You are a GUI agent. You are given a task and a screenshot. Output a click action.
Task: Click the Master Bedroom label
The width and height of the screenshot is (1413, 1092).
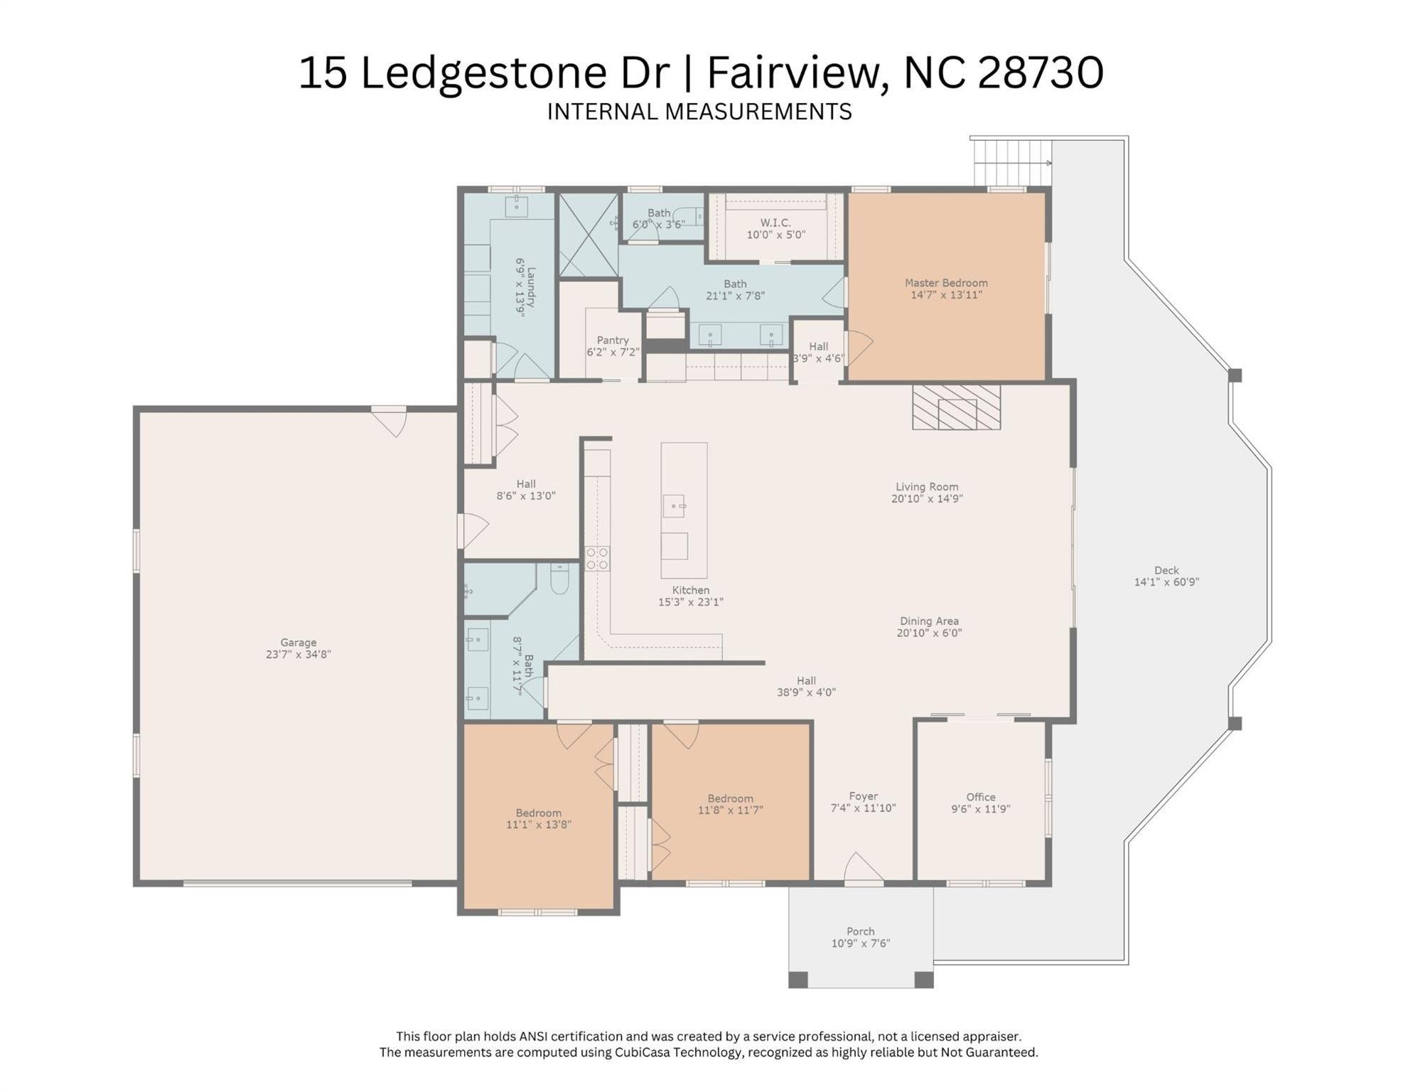click(x=945, y=283)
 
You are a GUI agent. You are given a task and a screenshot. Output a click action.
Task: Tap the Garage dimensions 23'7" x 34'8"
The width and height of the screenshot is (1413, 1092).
click(x=298, y=655)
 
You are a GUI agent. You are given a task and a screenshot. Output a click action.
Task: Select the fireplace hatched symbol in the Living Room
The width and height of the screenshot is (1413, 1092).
click(x=956, y=408)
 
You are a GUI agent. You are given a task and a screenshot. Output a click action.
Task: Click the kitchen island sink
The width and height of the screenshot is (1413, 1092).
click(x=673, y=506)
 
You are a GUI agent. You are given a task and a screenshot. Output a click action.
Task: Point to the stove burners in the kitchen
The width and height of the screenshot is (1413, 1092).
click(x=597, y=559)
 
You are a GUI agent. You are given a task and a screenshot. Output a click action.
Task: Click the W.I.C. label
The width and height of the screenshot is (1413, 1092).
click(x=775, y=223)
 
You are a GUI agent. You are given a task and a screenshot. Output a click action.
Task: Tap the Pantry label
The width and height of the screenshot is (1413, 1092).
click(x=612, y=341)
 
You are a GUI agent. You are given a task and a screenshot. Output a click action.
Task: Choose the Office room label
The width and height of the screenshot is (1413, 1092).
click(x=980, y=797)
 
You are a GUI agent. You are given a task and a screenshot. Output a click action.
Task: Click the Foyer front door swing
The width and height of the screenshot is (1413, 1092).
click(x=863, y=867)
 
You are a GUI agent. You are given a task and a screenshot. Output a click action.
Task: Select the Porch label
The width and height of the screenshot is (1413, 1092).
click(x=860, y=931)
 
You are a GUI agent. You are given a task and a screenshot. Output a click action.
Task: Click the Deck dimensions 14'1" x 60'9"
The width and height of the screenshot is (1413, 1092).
click(x=1166, y=582)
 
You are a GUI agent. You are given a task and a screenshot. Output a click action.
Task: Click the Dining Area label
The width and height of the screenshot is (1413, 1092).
click(x=928, y=621)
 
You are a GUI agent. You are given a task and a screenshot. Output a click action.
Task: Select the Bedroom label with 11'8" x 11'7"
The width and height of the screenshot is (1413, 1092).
click(x=730, y=798)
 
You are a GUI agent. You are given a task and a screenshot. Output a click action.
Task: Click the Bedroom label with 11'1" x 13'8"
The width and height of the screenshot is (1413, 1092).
click(x=538, y=813)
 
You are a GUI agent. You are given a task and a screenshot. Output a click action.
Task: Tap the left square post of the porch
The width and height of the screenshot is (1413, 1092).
click(x=798, y=980)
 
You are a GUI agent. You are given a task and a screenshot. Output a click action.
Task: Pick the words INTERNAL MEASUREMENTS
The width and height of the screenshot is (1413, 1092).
click(x=699, y=112)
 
